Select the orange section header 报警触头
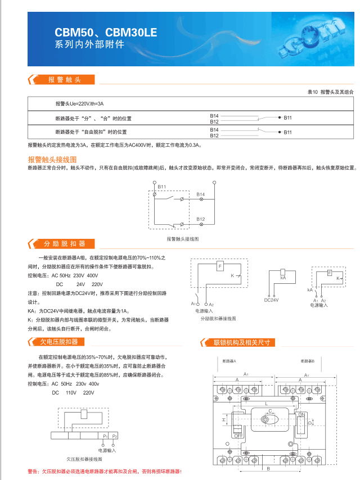(65, 80)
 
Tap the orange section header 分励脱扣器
(65, 243)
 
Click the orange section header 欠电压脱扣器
(58, 342)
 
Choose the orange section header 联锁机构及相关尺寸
(242, 342)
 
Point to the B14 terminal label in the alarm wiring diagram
(201, 194)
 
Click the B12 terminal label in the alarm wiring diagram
(201, 218)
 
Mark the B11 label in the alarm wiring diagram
(161, 186)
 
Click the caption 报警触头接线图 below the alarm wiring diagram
(183, 239)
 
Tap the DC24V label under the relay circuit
(272, 300)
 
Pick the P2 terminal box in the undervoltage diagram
(114, 436)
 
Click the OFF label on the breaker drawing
(238, 434)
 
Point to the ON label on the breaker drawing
(301, 414)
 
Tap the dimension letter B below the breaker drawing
(269, 468)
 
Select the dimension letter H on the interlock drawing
(224, 420)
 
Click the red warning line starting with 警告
(105, 471)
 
